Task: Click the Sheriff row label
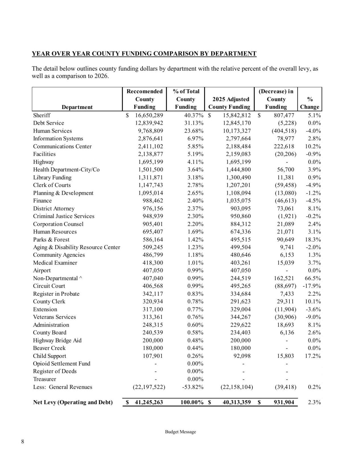click(42, 115)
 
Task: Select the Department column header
click(77, 107)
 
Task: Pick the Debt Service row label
click(48, 123)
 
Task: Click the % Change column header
click(310, 103)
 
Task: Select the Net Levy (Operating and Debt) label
click(73, 402)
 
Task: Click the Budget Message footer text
click(180, 432)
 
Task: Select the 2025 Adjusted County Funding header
click(229, 103)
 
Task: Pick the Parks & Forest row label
click(51, 239)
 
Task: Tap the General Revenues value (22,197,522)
click(149, 387)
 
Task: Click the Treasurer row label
click(44, 379)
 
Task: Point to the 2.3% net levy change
click(314, 402)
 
